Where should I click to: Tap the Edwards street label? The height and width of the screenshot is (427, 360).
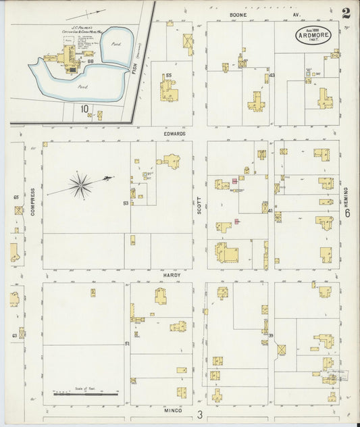click(x=174, y=134)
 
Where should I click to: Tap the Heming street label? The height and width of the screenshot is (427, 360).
click(x=345, y=196)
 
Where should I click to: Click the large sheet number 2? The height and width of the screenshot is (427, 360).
click(x=346, y=14)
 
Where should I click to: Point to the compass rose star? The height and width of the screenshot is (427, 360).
click(x=81, y=183)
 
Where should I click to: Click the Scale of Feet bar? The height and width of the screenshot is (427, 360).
click(x=86, y=393)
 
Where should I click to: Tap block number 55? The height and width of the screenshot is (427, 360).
click(x=168, y=75)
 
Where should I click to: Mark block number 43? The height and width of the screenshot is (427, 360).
click(x=272, y=76)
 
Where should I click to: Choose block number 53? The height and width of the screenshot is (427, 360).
click(x=126, y=203)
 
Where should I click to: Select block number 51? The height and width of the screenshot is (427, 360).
click(x=126, y=345)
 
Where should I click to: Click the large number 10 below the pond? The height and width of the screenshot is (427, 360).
click(x=84, y=108)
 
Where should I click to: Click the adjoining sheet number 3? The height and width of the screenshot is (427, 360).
click(x=200, y=414)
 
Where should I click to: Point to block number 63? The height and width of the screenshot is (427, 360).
click(x=14, y=335)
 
